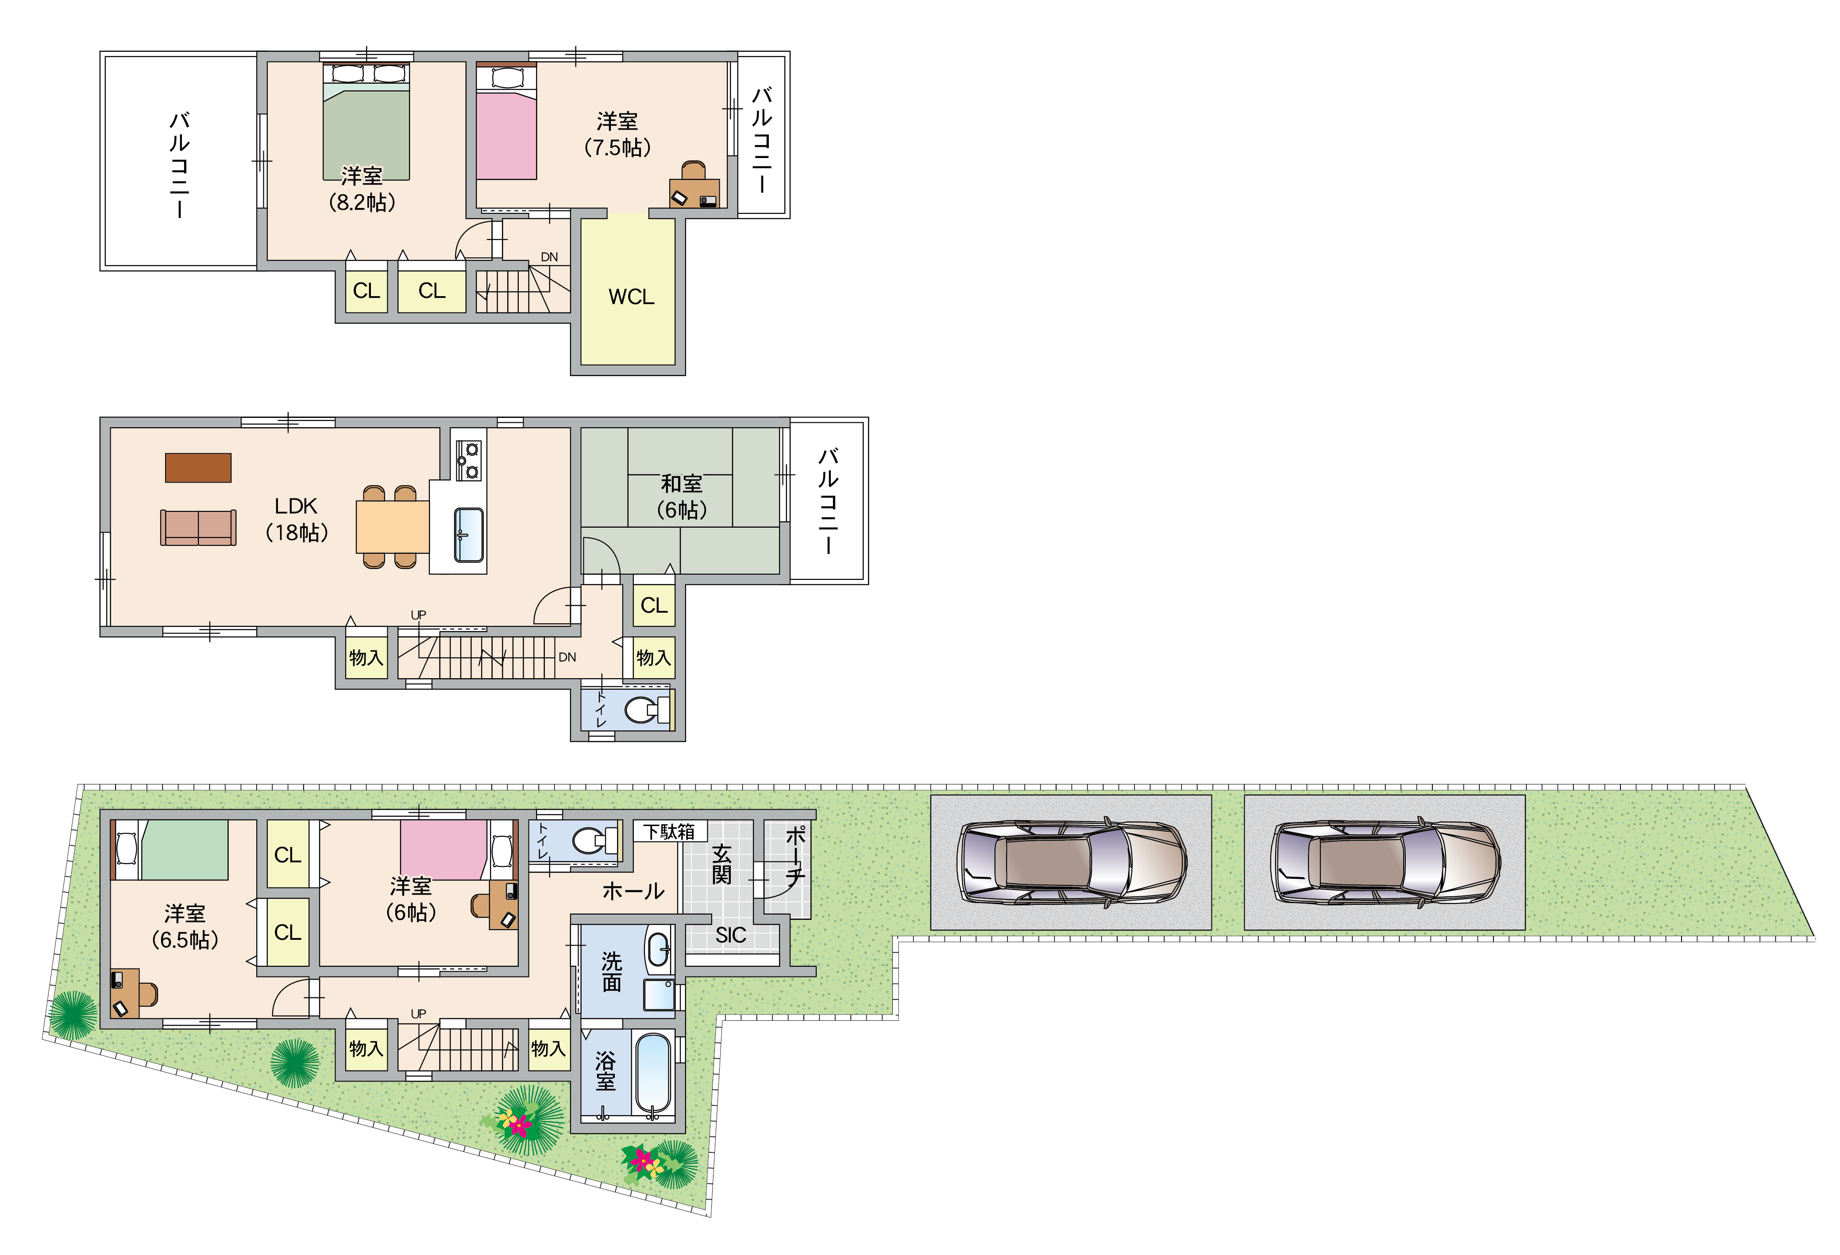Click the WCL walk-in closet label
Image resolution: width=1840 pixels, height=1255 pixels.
[x=631, y=297]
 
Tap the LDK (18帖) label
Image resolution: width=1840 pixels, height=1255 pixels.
[x=296, y=519]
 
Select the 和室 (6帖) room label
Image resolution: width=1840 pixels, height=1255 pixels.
[x=682, y=496]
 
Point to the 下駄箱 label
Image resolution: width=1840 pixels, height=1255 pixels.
[x=669, y=831]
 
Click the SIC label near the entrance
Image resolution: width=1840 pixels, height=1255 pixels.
[x=731, y=935]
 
